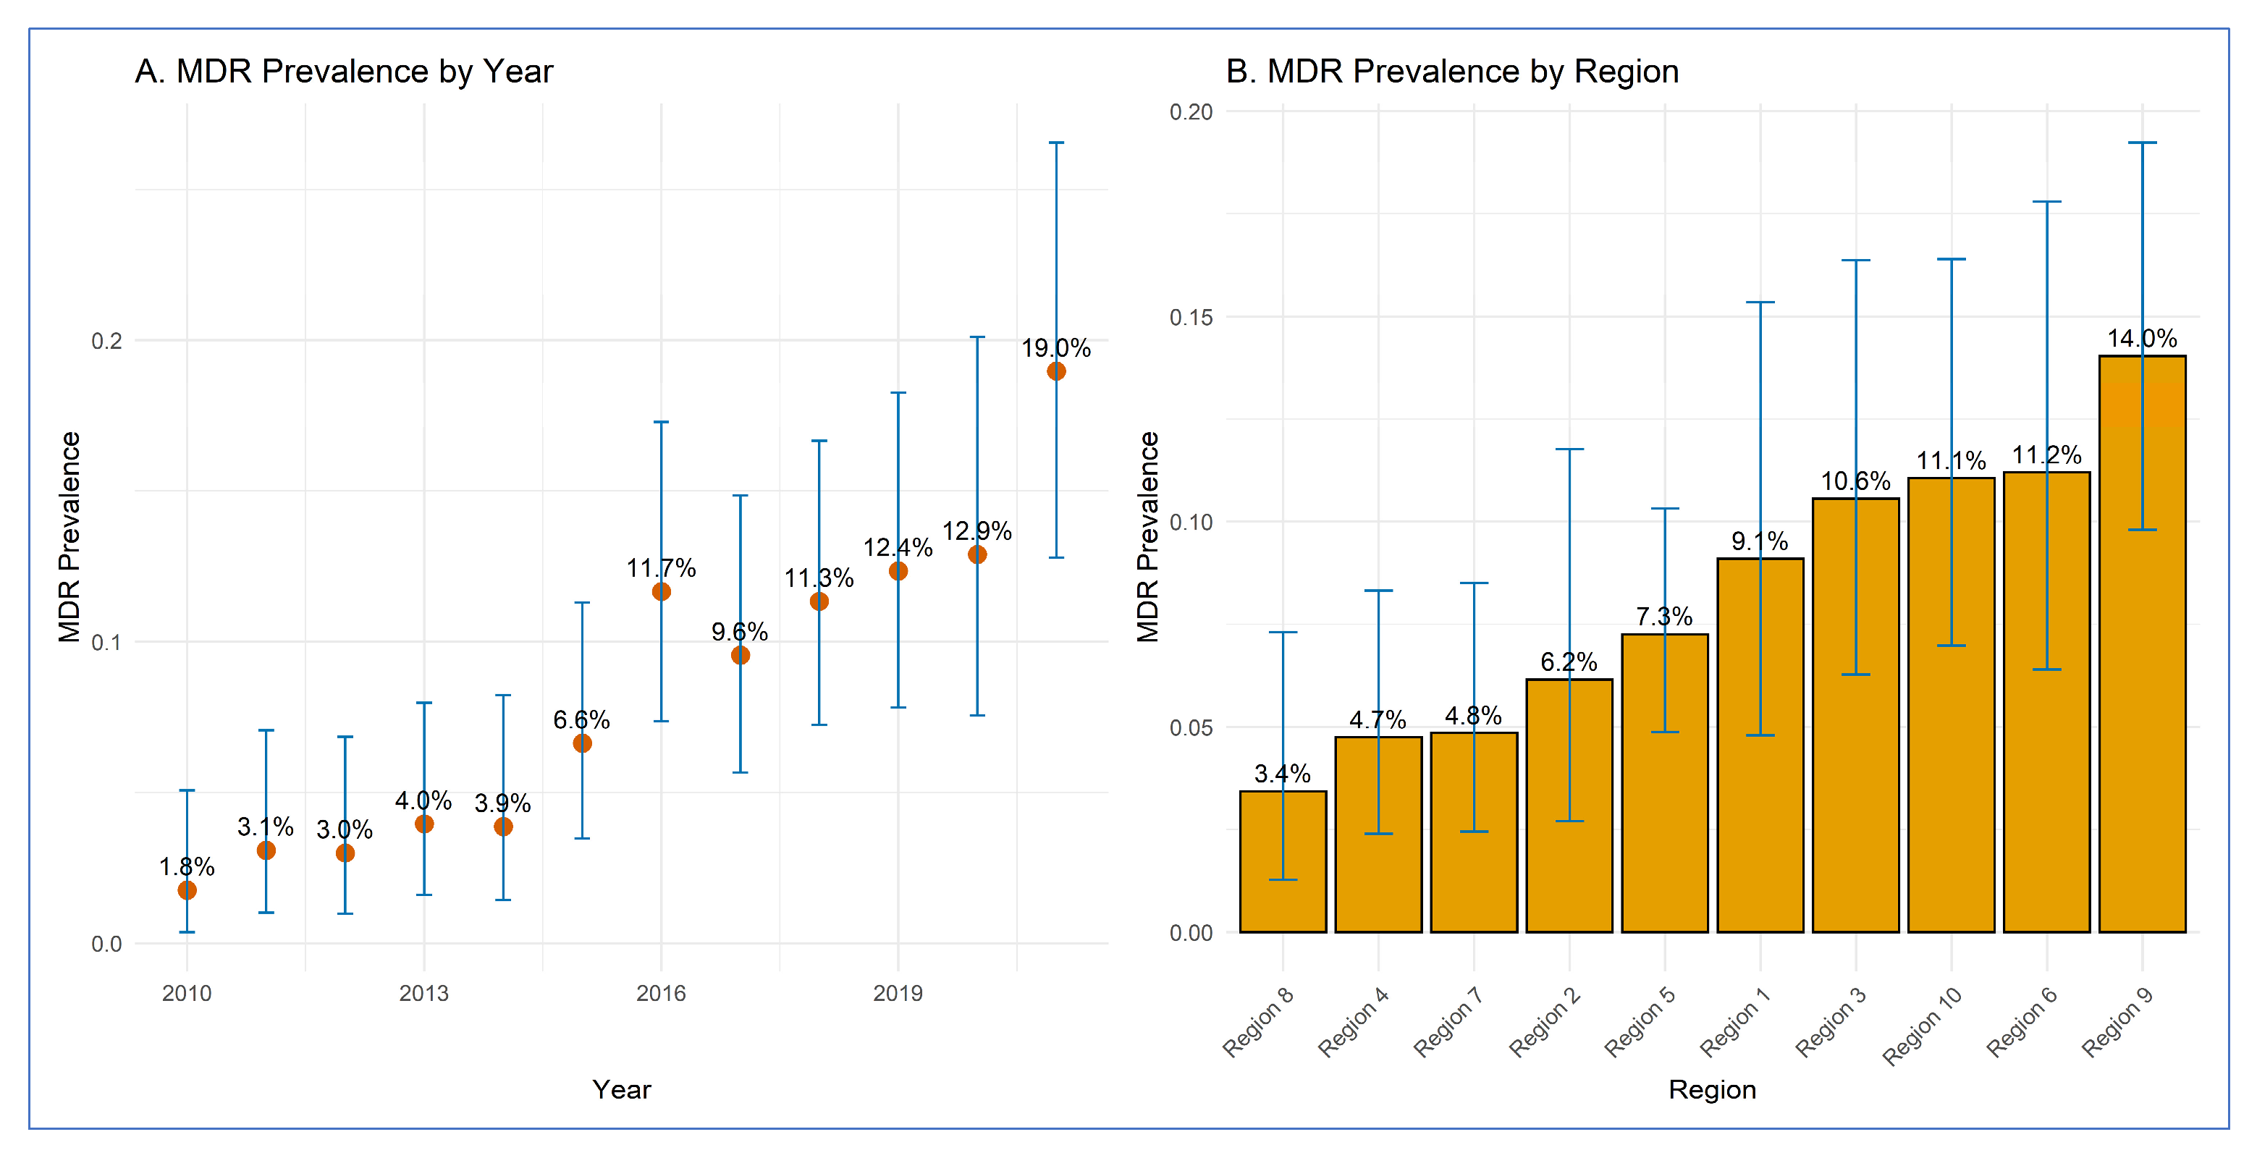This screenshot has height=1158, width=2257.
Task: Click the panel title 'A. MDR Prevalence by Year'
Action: click(343, 72)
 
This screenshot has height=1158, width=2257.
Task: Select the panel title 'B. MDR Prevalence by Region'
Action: click(1452, 72)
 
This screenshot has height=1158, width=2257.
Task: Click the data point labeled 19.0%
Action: click(1056, 371)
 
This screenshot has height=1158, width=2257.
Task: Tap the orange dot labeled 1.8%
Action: click(187, 890)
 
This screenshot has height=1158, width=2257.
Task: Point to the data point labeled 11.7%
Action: click(662, 592)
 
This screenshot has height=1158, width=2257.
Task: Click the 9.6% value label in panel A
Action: click(740, 632)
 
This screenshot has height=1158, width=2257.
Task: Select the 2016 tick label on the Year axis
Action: click(661, 993)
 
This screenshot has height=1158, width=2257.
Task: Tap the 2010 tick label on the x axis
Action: click(187, 993)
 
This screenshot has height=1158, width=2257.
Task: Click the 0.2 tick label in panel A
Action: click(107, 341)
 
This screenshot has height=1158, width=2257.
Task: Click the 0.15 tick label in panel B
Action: click(1191, 317)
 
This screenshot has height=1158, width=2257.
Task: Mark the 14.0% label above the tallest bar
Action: click(2141, 338)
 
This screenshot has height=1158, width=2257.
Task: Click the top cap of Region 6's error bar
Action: click(2047, 201)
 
